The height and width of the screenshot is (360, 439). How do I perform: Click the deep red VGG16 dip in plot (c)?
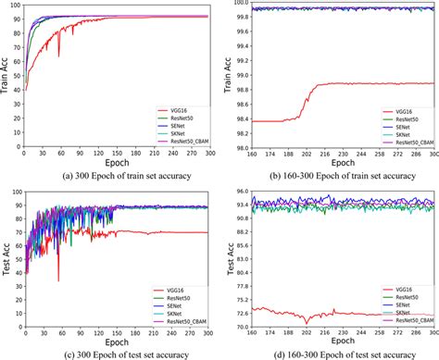pyautogui.click(x=59, y=279)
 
